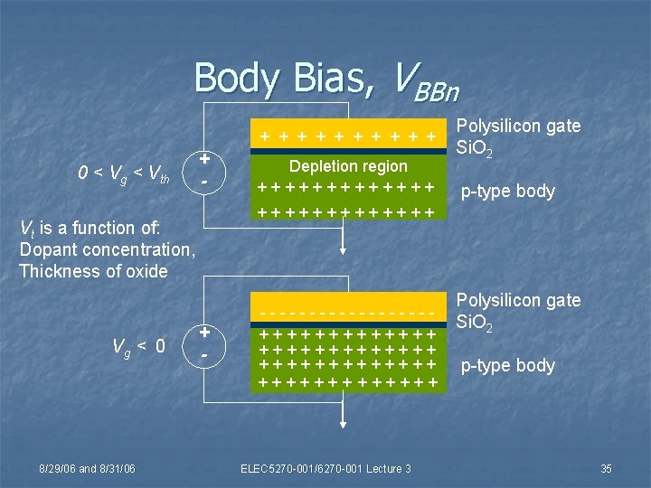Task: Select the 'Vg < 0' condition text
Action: [137, 345]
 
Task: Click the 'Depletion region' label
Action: [348, 166]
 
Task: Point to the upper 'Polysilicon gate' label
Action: [519, 126]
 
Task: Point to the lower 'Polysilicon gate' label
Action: [519, 300]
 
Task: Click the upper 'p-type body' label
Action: [507, 192]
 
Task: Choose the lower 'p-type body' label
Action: [507, 365]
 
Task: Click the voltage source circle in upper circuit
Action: [205, 169]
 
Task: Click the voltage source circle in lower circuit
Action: [205, 343]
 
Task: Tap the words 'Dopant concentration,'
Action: [107, 249]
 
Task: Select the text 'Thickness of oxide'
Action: [93, 271]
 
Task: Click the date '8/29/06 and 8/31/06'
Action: [87, 468]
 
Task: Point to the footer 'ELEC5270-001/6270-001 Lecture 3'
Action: [325, 468]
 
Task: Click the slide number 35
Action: [606, 468]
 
